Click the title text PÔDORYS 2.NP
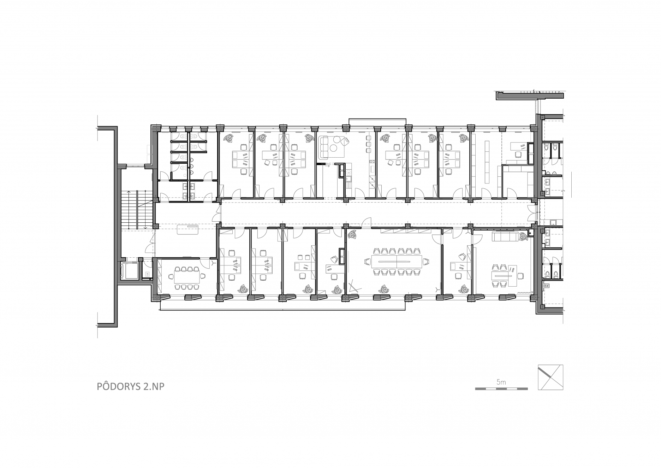pos(131,386)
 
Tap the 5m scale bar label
pos(501,382)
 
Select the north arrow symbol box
pos(550,378)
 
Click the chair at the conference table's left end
pos(367,262)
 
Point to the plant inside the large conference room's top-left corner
pos(353,234)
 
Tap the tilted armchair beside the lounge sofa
pos(345,142)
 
